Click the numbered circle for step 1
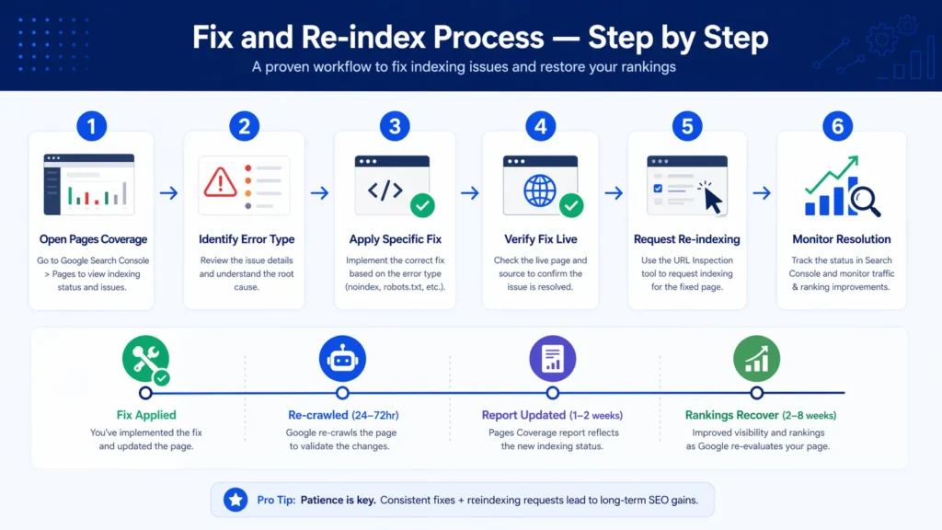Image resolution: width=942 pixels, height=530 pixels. pos(92,126)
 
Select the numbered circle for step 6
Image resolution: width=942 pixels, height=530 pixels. pos(838,126)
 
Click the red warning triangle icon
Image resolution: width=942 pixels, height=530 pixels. pos(221,181)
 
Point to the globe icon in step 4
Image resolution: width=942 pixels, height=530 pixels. pos(540,190)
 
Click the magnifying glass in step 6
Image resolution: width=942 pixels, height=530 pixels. pos(866,198)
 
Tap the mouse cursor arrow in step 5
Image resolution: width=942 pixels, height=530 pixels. pos(710,195)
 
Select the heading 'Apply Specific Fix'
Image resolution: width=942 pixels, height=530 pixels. pos(395,239)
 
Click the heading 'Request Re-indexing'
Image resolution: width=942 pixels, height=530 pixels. pos(686,239)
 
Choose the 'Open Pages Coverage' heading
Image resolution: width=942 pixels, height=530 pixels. pos(93,239)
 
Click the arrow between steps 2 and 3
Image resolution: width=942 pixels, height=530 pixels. pos(319,193)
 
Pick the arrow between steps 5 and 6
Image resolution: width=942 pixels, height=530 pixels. pos(762,193)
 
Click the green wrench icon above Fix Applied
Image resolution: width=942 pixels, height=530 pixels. pos(145,359)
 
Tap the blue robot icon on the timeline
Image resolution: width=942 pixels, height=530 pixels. pos(342,359)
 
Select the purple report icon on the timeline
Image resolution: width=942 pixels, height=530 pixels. pos(552,359)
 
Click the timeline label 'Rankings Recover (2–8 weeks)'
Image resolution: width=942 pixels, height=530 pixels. pos(760,415)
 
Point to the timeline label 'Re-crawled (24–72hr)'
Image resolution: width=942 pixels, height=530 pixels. pos(343,415)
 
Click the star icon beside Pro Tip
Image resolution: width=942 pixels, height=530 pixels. pos(236,500)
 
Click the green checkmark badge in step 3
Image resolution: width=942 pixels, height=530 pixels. pos(421,204)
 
